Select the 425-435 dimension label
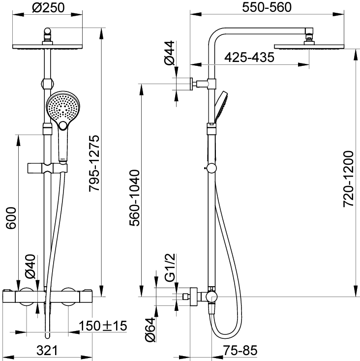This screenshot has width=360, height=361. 249,58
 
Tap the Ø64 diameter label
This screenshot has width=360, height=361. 151,330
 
